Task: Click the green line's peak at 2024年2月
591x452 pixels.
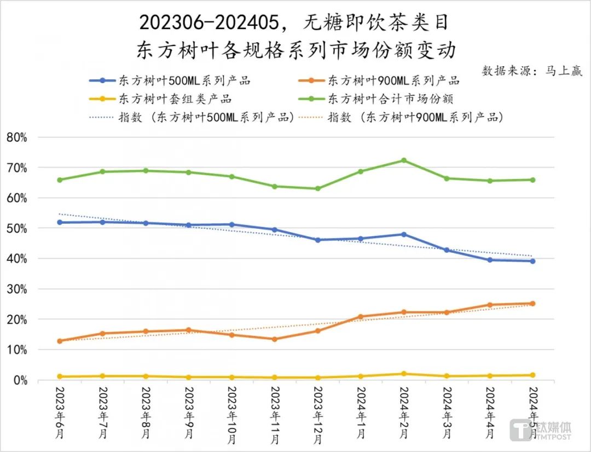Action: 403,160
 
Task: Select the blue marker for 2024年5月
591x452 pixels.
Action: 532,261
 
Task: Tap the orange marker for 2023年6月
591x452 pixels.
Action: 60,341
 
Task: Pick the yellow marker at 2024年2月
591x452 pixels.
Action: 403,374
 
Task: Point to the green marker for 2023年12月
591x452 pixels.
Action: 318,189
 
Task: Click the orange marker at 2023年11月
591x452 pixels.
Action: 275,339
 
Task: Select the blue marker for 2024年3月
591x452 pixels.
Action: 447,250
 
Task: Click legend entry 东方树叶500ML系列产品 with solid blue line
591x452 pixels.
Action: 170,80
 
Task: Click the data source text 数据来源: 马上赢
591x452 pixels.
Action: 532,71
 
